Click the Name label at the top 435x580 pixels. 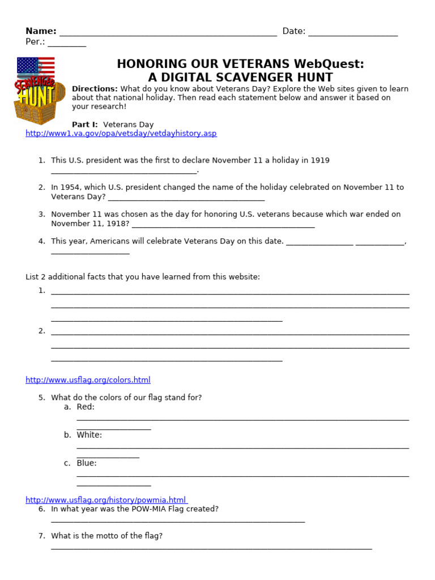pyautogui.click(x=41, y=31)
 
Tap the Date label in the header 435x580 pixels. pyautogui.click(x=293, y=31)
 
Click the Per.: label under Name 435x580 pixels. pyautogui.click(x=35, y=42)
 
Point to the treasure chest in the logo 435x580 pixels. pyautogui.click(x=40, y=108)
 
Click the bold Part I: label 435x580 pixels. pyautogui.click(x=85, y=125)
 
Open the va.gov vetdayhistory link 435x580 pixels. pyautogui.click(x=121, y=134)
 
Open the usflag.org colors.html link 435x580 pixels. pyautogui.click(x=88, y=380)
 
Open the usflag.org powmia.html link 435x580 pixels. pyautogui.click(x=106, y=500)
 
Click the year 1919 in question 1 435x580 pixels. pyautogui.click(x=320, y=161)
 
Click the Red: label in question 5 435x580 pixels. pyautogui.click(x=86, y=407)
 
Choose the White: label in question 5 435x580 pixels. pyautogui.click(x=89, y=435)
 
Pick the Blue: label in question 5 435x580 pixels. pyautogui.click(x=87, y=463)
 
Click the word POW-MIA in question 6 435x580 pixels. pyautogui.click(x=146, y=509)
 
